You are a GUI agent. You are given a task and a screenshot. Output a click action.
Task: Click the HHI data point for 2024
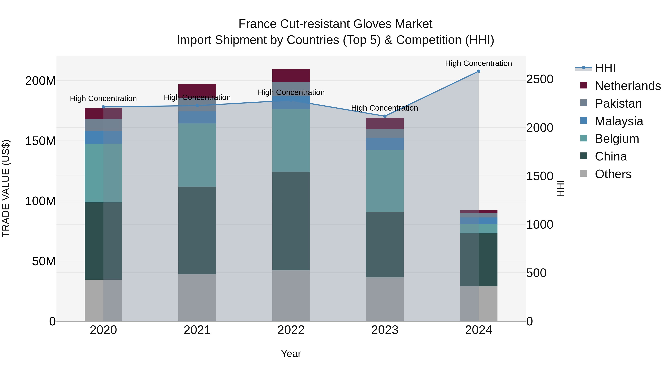[478, 71]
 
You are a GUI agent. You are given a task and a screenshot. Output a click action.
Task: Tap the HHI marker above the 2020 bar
[103, 107]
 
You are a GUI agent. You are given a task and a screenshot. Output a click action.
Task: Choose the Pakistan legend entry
[618, 104]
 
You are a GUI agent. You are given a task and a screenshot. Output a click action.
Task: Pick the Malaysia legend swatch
[584, 121]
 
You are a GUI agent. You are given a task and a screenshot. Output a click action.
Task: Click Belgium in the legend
[617, 139]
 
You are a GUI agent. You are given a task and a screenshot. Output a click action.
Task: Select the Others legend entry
[613, 174]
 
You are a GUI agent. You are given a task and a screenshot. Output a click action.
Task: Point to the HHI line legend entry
[605, 68]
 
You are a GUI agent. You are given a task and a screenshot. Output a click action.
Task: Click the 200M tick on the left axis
[40, 81]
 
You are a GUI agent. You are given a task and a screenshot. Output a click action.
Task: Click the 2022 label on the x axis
[291, 330]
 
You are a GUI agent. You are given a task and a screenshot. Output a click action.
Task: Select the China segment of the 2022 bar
[291, 221]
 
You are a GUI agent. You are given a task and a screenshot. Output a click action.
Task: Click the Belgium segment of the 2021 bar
[197, 155]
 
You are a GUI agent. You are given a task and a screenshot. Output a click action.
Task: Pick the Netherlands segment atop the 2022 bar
[291, 75]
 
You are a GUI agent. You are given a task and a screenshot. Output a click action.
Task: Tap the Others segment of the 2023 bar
[385, 299]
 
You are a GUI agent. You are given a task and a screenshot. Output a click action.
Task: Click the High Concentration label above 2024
[478, 63]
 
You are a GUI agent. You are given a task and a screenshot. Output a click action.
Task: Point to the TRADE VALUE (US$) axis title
[6, 188]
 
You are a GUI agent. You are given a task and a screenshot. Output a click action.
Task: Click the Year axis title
[291, 354]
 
